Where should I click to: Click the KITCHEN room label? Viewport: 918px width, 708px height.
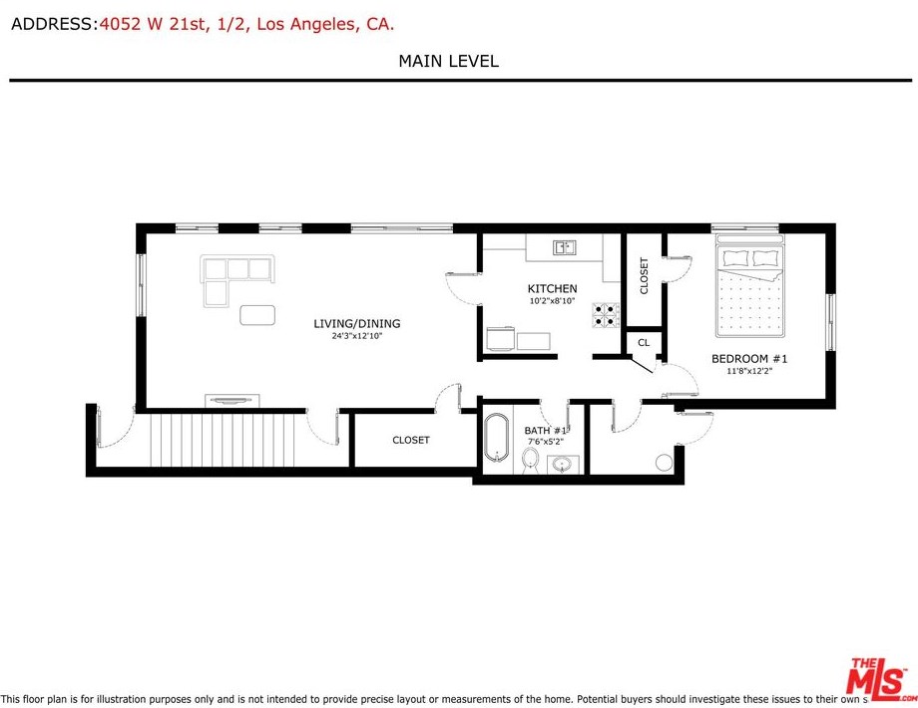coord(552,288)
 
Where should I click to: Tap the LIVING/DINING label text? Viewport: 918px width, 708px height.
coord(357,323)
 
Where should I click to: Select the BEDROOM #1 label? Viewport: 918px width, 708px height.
coord(749,359)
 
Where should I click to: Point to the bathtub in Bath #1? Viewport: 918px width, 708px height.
coord(497,437)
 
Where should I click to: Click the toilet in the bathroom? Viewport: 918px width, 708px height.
coord(532,460)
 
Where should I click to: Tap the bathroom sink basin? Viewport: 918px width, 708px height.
coord(563,465)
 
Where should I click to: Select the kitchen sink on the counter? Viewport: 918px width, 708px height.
coord(565,247)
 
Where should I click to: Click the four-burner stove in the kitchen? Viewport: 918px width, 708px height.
coord(606,314)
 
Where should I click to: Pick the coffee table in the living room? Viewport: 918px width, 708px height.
coord(257,315)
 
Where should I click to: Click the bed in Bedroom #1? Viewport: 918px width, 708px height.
coord(749,285)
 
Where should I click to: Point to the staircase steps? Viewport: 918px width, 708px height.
coord(223,440)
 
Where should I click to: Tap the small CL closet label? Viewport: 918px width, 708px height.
coord(644,342)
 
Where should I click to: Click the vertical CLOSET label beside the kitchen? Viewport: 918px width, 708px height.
coord(644,275)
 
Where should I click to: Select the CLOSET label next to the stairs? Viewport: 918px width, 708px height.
coord(411,440)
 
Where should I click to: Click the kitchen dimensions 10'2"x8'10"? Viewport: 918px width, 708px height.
coord(552,301)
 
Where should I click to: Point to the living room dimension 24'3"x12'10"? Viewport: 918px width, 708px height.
coord(357,336)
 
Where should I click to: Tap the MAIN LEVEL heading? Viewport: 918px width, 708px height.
coord(448,61)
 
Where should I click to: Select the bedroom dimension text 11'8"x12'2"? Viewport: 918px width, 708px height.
coord(749,371)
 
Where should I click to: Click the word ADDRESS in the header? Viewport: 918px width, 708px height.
coord(52,24)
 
